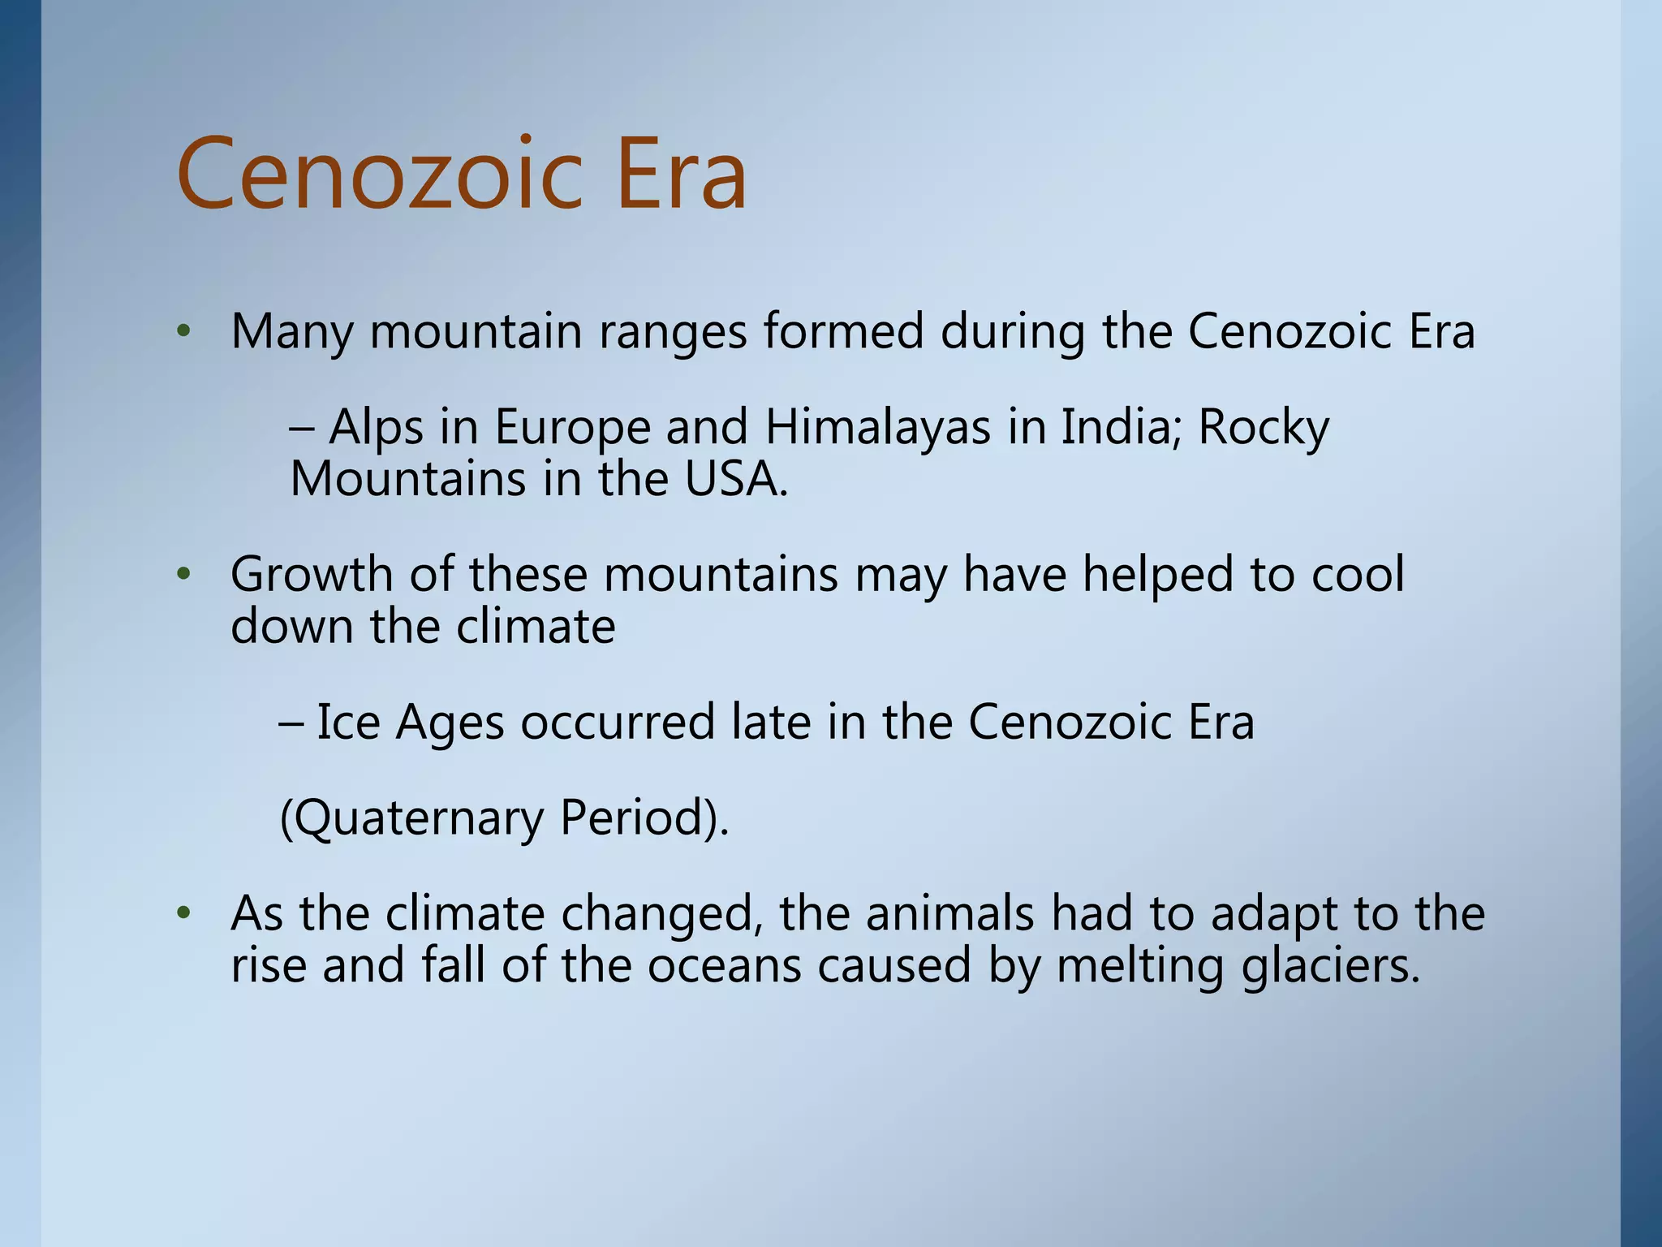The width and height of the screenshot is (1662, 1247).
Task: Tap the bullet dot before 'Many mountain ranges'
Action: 184,331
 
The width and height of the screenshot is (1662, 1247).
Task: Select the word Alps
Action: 376,428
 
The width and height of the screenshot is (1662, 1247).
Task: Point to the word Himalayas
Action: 878,428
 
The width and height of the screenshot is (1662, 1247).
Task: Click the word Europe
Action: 573,428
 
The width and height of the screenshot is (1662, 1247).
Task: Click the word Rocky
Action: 1264,428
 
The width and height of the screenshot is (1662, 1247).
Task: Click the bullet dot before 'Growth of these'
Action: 184,575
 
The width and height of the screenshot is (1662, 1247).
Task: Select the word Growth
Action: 312,575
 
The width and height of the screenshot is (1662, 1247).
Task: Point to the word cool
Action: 1358,575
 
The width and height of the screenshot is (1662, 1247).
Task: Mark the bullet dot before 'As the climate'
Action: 184,913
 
